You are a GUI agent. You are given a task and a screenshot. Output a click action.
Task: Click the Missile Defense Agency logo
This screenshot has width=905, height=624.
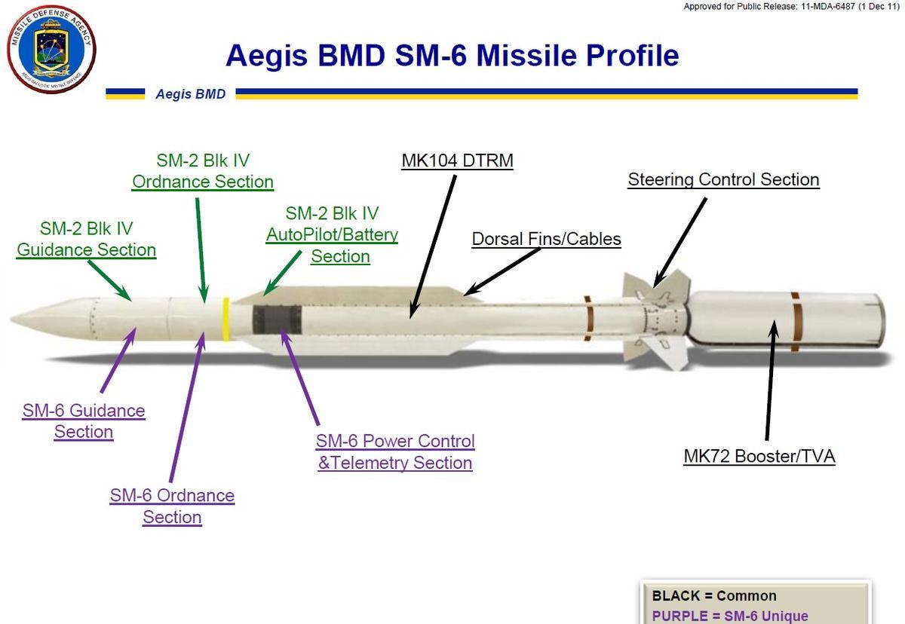tap(51, 49)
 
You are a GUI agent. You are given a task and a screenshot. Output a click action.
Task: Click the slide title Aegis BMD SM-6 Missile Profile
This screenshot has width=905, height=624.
tap(452, 55)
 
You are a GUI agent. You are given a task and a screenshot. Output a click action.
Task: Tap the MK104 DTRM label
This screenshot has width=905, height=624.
tap(457, 161)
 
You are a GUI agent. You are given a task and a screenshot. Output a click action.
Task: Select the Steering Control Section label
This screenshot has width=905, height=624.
tap(723, 180)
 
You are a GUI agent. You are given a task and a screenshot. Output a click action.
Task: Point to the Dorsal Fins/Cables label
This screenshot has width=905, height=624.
tap(546, 239)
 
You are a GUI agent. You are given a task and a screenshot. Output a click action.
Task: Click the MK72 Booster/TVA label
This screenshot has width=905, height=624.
tap(759, 457)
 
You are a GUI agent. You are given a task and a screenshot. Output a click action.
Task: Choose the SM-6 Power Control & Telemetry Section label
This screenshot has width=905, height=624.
tap(395, 452)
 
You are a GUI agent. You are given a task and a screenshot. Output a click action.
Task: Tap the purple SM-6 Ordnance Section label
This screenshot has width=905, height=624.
tap(172, 506)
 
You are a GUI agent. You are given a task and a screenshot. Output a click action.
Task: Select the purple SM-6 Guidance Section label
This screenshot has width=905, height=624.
tap(84, 421)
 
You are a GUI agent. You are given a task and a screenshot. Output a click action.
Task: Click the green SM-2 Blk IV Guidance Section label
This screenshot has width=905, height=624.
tap(87, 240)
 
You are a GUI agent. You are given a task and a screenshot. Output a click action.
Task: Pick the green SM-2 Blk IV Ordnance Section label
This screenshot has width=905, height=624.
tap(203, 171)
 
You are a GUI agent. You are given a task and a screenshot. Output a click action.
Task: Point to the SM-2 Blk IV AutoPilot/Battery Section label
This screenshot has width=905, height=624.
tap(332, 235)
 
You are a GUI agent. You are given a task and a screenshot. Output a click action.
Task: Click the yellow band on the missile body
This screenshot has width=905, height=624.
tap(225, 320)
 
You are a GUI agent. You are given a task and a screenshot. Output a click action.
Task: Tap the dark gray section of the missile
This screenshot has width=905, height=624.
tap(278, 320)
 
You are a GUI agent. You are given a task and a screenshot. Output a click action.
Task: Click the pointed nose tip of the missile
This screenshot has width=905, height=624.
tap(11, 320)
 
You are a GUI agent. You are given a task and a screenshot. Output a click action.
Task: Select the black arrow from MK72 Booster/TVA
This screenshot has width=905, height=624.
tap(771, 380)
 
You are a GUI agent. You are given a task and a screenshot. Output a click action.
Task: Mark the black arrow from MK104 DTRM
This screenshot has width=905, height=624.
tap(433, 247)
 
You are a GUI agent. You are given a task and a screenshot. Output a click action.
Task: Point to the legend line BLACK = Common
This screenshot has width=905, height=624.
tap(714, 596)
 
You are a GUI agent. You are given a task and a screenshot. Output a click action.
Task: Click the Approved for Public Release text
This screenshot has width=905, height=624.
tap(791, 7)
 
